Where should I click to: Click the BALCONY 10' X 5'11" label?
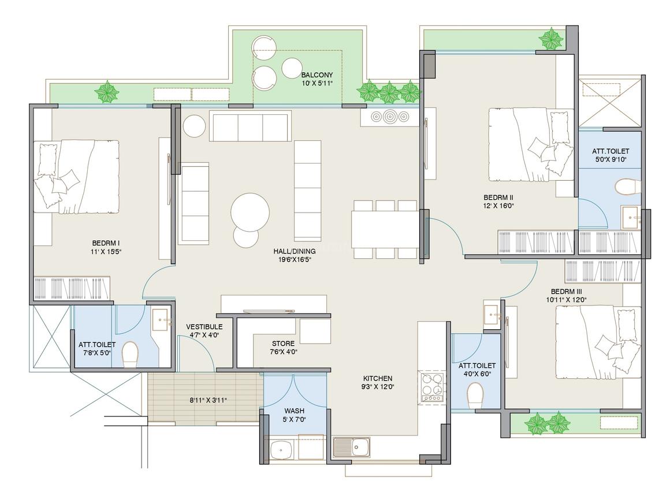click(x=317, y=79)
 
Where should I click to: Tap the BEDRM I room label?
click(x=106, y=243)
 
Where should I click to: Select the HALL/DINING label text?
click(x=295, y=251)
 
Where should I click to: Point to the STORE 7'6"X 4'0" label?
click(x=283, y=348)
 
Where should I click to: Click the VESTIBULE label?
click(x=204, y=326)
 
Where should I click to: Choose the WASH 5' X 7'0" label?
click(x=295, y=415)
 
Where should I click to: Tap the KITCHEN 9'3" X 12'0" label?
click(x=378, y=382)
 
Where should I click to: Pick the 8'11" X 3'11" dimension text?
click(x=208, y=400)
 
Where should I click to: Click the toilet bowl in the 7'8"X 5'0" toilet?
click(x=130, y=355)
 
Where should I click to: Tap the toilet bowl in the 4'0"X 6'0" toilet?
click(x=475, y=396)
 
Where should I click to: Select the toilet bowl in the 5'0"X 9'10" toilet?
click(x=628, y=187)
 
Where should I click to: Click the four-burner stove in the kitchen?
click(x=433, y=388)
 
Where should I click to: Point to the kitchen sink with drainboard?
click(x=352, y=447)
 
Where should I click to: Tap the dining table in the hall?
click(x=385, y=229)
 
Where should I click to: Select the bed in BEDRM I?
click(x=76, y=177)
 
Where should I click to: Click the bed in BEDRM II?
click(x=531, y=144)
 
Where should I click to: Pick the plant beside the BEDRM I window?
click(x=107, y=92)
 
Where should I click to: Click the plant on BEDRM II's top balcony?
click(x=551, y=39)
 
